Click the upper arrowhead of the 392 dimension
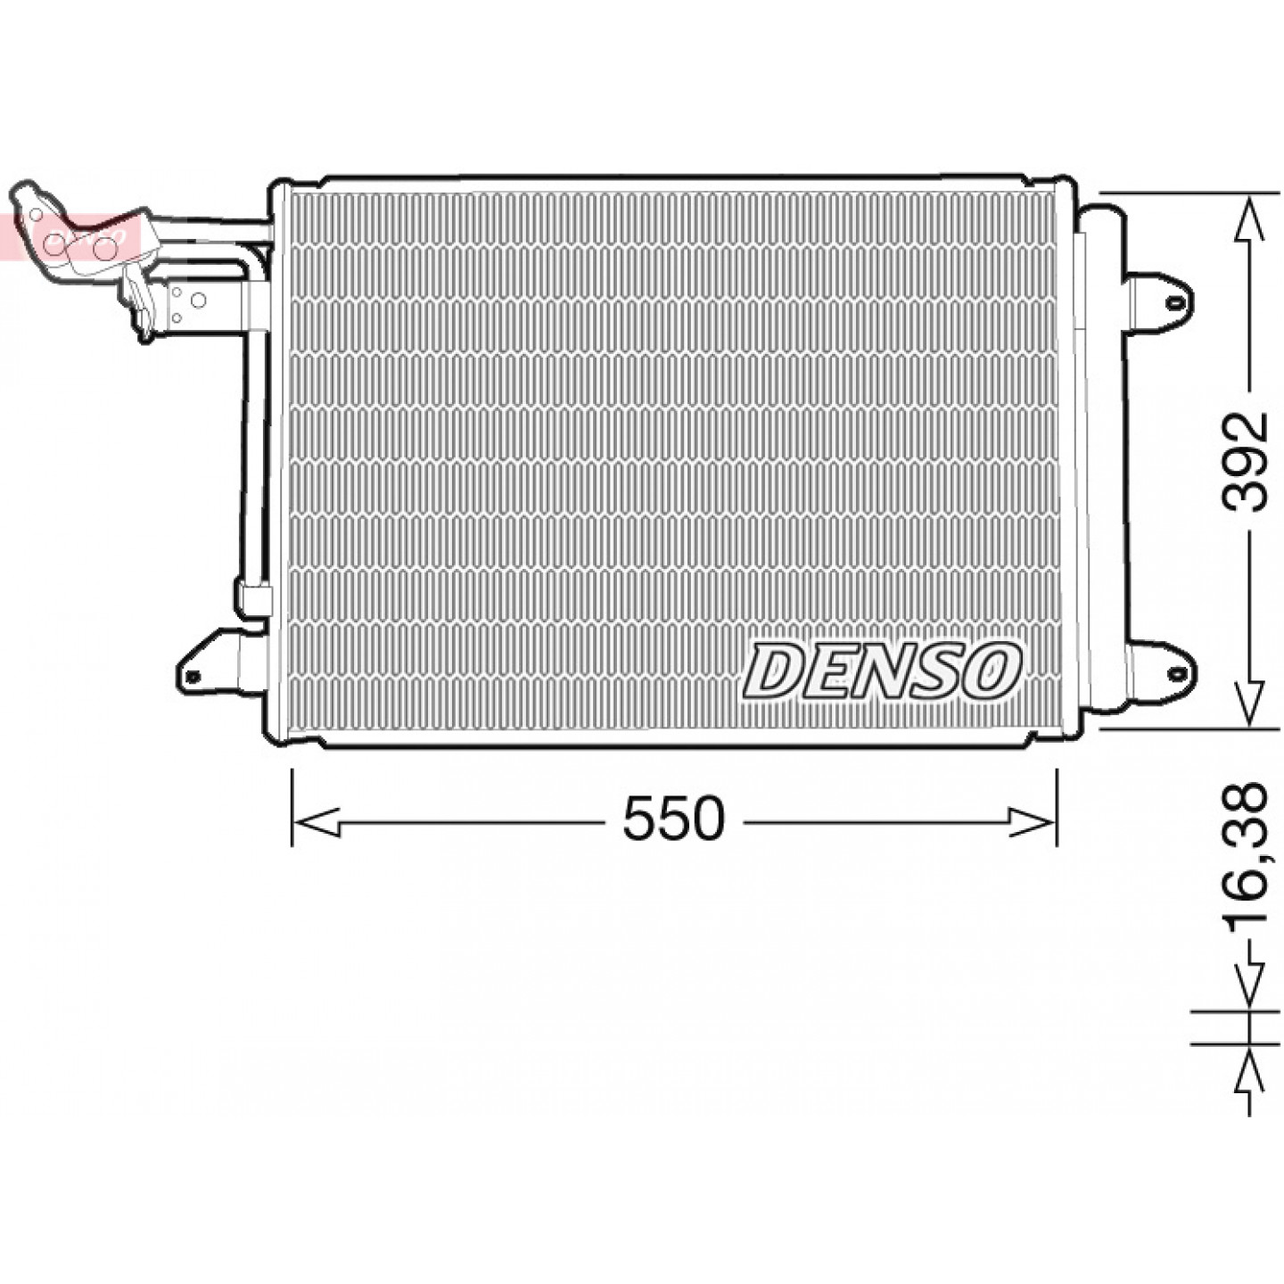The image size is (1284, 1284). [1248, 218]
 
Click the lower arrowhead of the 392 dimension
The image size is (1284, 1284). [1248, 702]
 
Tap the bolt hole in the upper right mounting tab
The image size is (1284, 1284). [1174, 304]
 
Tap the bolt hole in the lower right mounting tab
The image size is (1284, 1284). [1174, 673]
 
